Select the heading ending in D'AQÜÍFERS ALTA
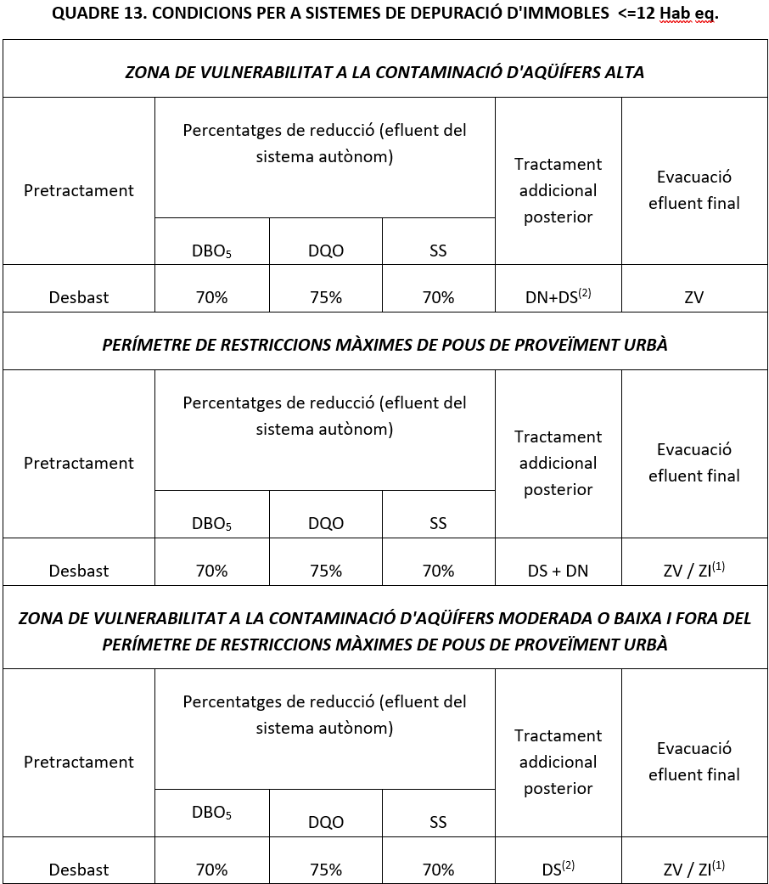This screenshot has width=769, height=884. (x=384, y=72)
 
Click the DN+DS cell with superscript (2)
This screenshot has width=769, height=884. (x=558, y=296)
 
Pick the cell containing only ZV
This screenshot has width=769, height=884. (x=693, y=297)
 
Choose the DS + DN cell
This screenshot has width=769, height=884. (x=558, y=571)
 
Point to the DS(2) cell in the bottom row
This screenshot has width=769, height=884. (x=558, y=869)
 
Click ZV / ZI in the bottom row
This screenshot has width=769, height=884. (x=693, y=869)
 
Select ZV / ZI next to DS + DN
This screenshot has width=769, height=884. (x=693, y=570)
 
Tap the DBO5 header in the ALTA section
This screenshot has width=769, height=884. (x=211, y=251)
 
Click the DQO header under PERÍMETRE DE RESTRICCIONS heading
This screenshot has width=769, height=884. (x=326, y=524)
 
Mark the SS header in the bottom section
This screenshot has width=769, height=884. (x=438, y=822)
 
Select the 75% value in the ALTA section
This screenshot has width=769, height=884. (x=326, y=297)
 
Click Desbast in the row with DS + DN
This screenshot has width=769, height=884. (x=79, y=571)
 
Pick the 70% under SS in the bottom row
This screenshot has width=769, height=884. (x=438, y=870)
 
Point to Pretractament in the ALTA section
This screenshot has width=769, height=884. (x=79, y=190)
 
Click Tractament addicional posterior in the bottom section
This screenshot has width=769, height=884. (x=558, y=762)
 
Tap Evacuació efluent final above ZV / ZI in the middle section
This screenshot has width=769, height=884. (x=693, y=463)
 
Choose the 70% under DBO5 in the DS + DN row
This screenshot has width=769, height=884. (x=211, y=571)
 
